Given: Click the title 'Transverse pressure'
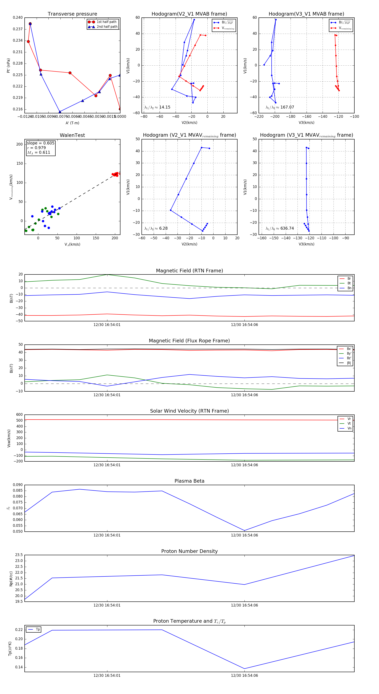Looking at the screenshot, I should click(72, 14).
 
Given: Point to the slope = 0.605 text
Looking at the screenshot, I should click(40, 143).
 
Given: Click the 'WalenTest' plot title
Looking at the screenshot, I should click(72, 135).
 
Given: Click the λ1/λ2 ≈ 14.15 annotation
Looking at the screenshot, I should click(157, 107).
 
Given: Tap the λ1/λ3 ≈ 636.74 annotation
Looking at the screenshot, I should click(280, 228).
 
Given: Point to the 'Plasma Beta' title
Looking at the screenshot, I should click(189, 481).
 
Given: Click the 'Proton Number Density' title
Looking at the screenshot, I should click(189, 551).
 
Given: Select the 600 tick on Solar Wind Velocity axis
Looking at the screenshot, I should click(19, 415).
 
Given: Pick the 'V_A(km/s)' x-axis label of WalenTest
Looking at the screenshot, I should click(72, 244).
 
